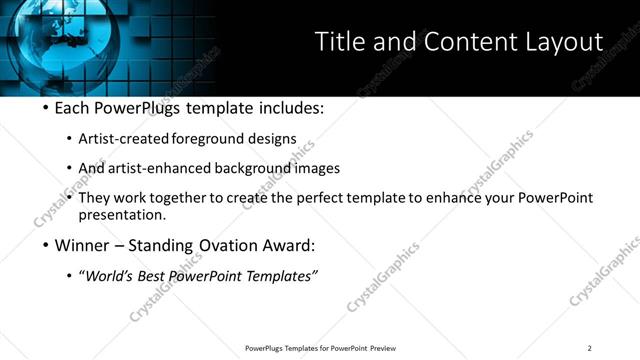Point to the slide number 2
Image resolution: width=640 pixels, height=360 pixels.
pyautogui.click(x=589, y=348)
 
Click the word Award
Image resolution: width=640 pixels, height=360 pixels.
pyautogui.click(x=287, y=245)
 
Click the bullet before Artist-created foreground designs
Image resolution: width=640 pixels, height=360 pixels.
pyautogui.click(x=68, y=139)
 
